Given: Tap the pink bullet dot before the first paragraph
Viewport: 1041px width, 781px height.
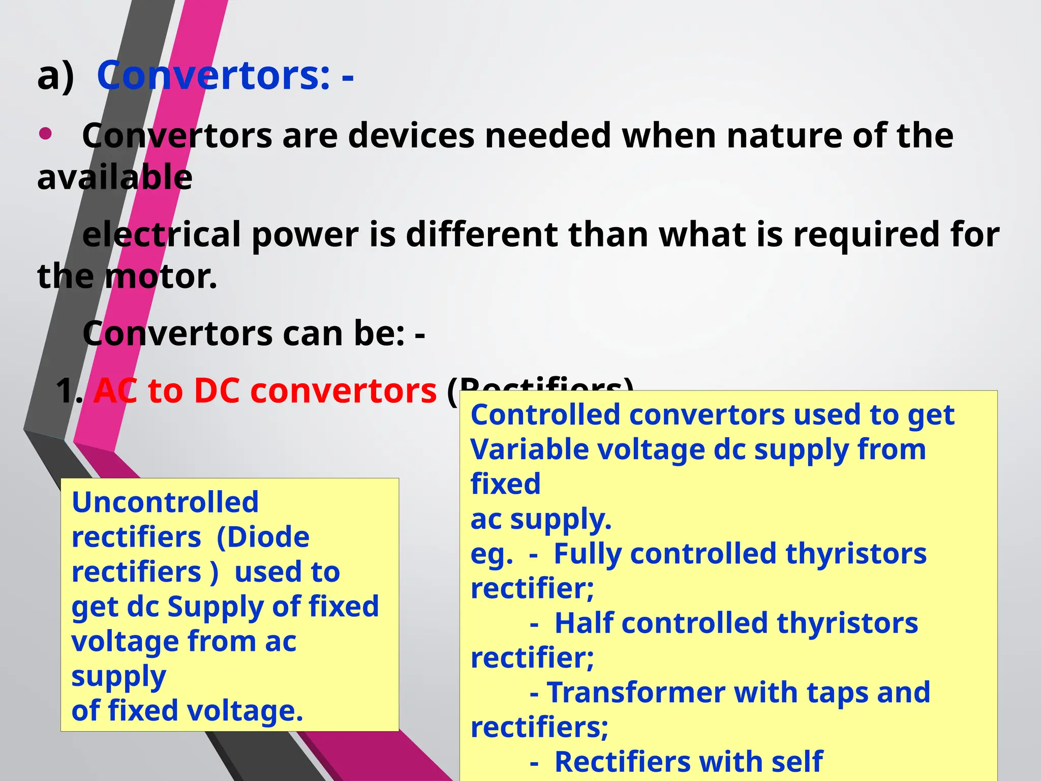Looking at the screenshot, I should [45, 134].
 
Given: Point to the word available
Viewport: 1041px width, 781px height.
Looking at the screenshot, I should [115, 177].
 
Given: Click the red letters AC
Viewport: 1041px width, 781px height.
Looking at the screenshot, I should [115, 391].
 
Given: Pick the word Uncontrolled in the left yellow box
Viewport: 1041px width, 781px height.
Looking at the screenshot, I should [165, 502].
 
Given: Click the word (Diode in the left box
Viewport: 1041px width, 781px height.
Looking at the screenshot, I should [263, 537].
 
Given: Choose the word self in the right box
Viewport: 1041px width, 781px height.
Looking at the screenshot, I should [797, 762].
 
